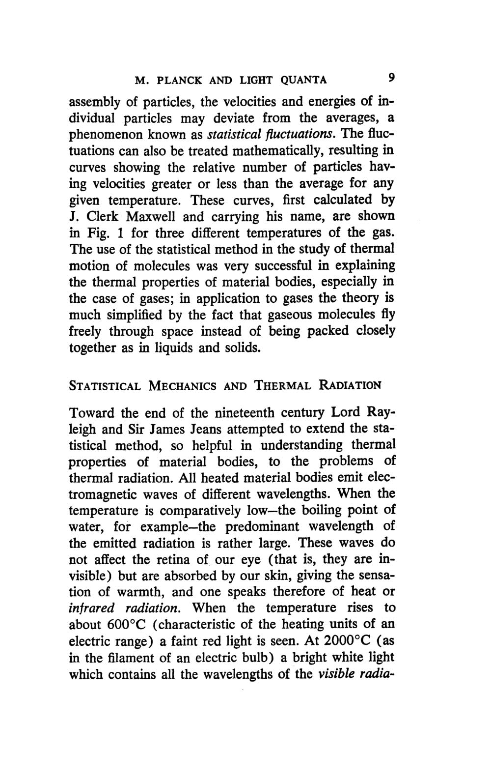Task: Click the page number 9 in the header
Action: click(x=391, y=78)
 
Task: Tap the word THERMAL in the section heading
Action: click(x=282, y=385)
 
